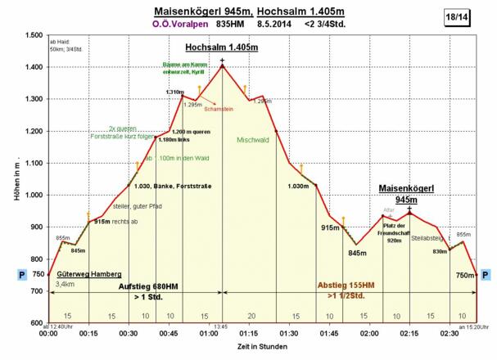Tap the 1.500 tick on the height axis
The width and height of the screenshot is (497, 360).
click(33, 35)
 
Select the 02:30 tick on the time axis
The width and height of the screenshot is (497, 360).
click(450, 334)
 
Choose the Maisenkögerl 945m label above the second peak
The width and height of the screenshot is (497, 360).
click(405, 193)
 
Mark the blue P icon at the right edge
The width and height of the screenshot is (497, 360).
click(486, 276)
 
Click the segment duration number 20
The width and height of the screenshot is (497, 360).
click(251, 315)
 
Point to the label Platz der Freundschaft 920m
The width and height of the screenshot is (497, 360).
click(395, 232)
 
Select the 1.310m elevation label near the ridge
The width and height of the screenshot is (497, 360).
click(174, 92)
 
